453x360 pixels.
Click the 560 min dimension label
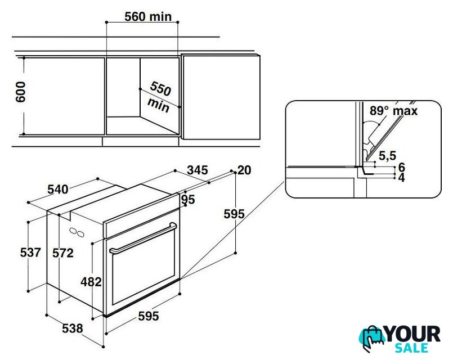(x=148, y=16)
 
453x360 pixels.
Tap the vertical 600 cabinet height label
(x=20, y=92)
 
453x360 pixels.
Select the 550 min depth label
(x=159, y=97)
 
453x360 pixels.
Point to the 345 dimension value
(x=198, y=170)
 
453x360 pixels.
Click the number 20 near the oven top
(x=244, y=170)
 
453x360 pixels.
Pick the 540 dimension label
(x=58, y=190)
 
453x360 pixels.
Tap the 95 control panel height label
(x=188, y=200)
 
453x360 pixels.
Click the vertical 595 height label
(x=234, y=214)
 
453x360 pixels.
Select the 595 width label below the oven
(x=149, y=316)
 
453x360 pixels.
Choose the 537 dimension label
(x=30, y=253)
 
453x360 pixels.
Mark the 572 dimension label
(x=63, y=253)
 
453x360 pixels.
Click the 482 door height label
(x=91, y=282)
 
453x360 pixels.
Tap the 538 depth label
(x=73, y=328)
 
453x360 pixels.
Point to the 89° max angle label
(x=394, y=111)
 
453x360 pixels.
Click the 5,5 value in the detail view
(x=387, y=156)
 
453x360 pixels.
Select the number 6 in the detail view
(x=402, y=167)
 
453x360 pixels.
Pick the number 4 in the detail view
(x=402, y=178)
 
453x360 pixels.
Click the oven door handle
(x=143, y=238)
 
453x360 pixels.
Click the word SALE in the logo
(x=411, y=348)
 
